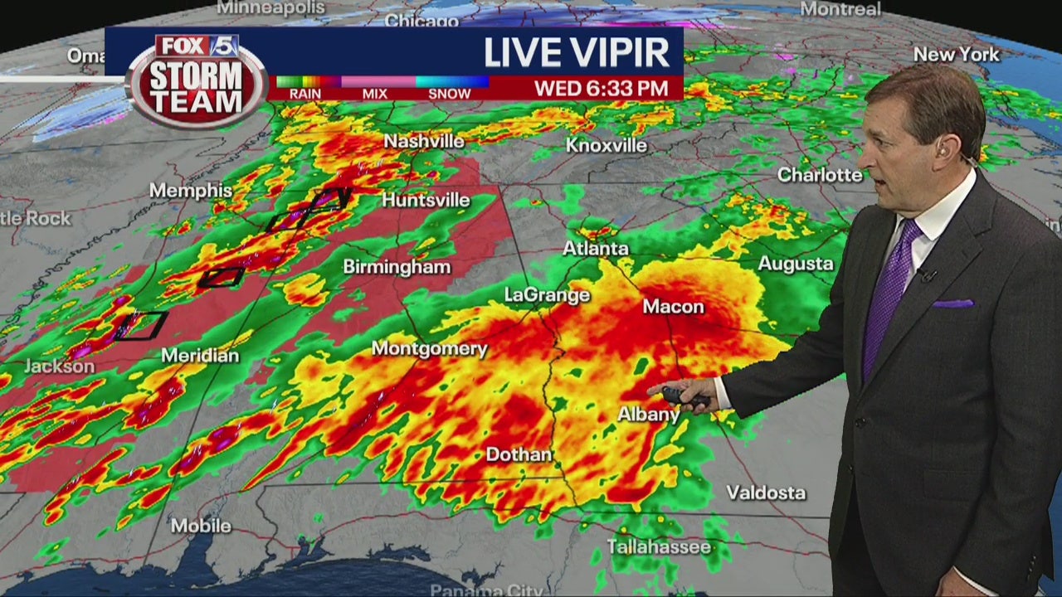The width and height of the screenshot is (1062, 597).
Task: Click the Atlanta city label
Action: tap(596, 249)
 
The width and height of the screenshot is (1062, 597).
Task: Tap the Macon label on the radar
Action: tap(673, 307)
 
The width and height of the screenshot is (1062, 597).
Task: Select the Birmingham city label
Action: tap(397, 267)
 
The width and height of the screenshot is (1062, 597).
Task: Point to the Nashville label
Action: tap(423, 142)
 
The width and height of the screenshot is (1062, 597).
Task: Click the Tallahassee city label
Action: tap(659, 546)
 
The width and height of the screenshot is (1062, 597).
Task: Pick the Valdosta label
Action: tap(766, 493)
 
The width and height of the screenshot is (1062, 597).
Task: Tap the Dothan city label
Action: tap(519, 454)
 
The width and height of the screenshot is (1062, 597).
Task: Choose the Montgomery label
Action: tap(429, 348)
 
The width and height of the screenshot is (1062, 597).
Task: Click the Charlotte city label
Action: tap(819, 175)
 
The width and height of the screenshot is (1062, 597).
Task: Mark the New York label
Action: tap(956, 55)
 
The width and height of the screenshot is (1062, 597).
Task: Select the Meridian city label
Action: tap(200, 356)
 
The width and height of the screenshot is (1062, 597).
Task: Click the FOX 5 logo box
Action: tap(197, 46)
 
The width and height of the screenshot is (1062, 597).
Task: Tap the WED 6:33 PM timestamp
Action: tap(601, 88)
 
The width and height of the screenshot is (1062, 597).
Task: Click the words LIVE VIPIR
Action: tap(577, 53)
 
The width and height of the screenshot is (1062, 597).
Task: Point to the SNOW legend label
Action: tap(449, 95)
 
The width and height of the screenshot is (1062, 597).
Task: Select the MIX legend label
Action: tap(375, 95)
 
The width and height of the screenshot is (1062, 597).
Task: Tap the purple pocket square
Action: tap(952, 303)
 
